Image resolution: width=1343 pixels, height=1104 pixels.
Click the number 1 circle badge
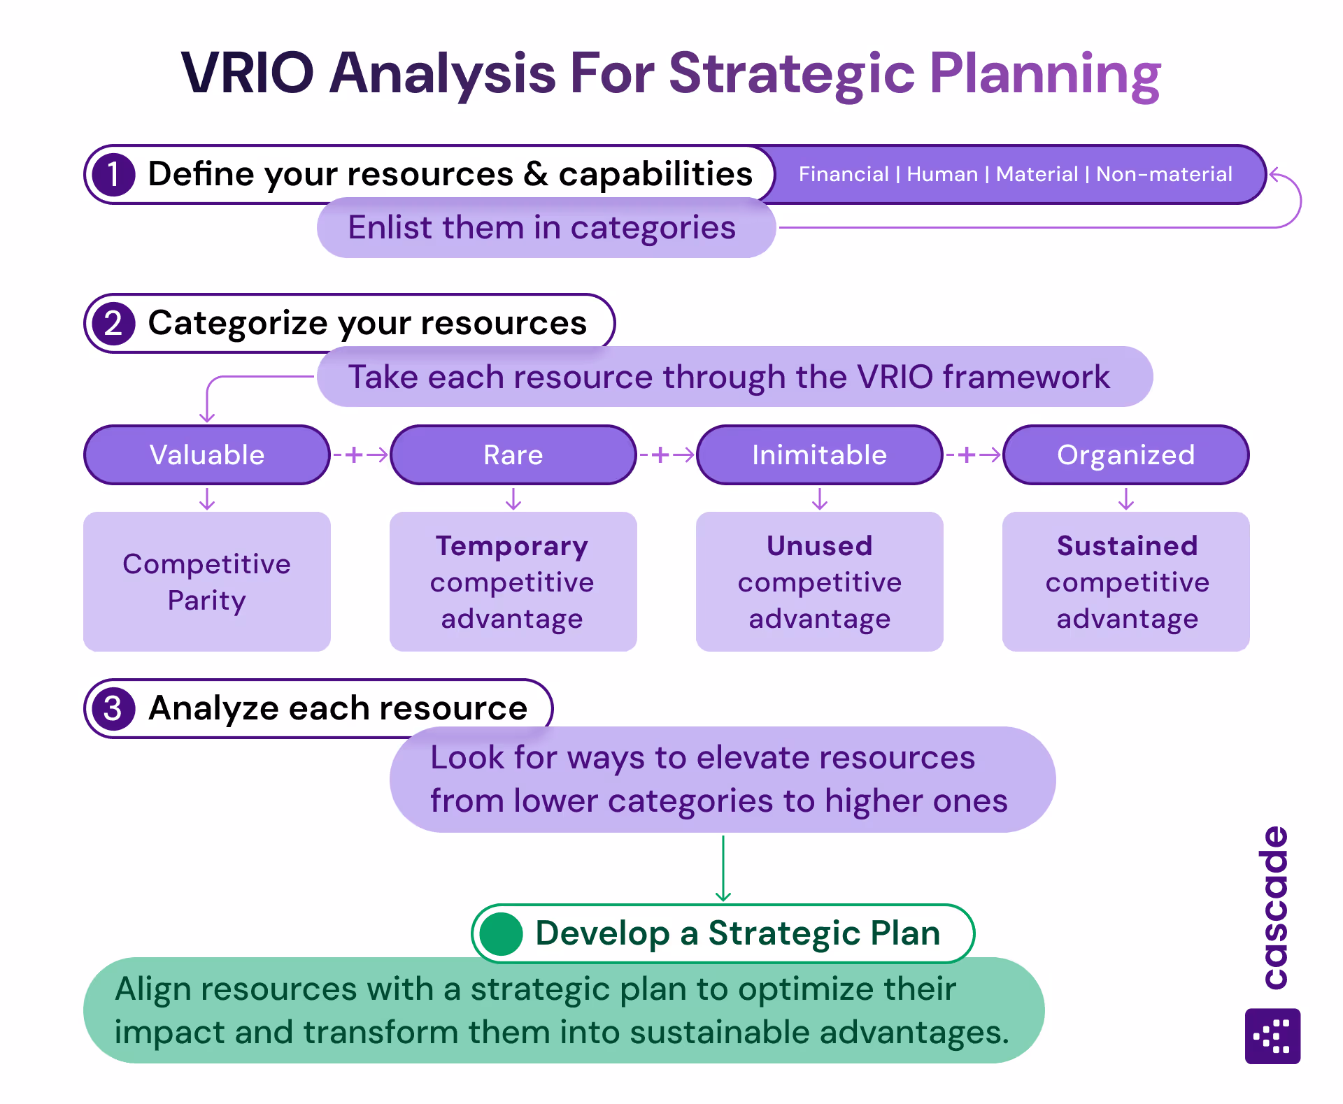click(113, 175)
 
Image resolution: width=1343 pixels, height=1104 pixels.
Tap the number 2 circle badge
click(113, 324)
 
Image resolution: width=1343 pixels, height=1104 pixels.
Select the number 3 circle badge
click(113, 709)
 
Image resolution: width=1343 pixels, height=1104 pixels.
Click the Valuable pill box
click(206, 455)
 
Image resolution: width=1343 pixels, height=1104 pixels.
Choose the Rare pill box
click(513, 455)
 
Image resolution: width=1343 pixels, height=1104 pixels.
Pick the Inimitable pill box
click(819, 455)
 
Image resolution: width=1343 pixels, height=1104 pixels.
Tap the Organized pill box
click(1125, 455)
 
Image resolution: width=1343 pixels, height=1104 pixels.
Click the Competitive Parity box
click(206, 582)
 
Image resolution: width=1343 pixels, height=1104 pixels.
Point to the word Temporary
click(512, 546)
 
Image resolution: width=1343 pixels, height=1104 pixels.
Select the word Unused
click(819, 546)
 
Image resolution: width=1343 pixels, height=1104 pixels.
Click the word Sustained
click(1127, 546)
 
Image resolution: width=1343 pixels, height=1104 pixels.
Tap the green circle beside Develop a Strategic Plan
click(501, 934)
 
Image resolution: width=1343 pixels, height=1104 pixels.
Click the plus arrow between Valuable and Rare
click(360, 455)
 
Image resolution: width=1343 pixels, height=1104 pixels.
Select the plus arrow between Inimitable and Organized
click(972, 455)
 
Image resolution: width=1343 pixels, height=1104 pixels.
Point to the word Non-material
click(1164, 174)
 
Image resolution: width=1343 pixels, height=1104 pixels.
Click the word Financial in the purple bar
click(843, 174)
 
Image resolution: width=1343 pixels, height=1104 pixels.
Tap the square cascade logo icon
click(1272, 1036)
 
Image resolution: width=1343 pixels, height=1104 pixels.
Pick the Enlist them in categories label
click(542, 228)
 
